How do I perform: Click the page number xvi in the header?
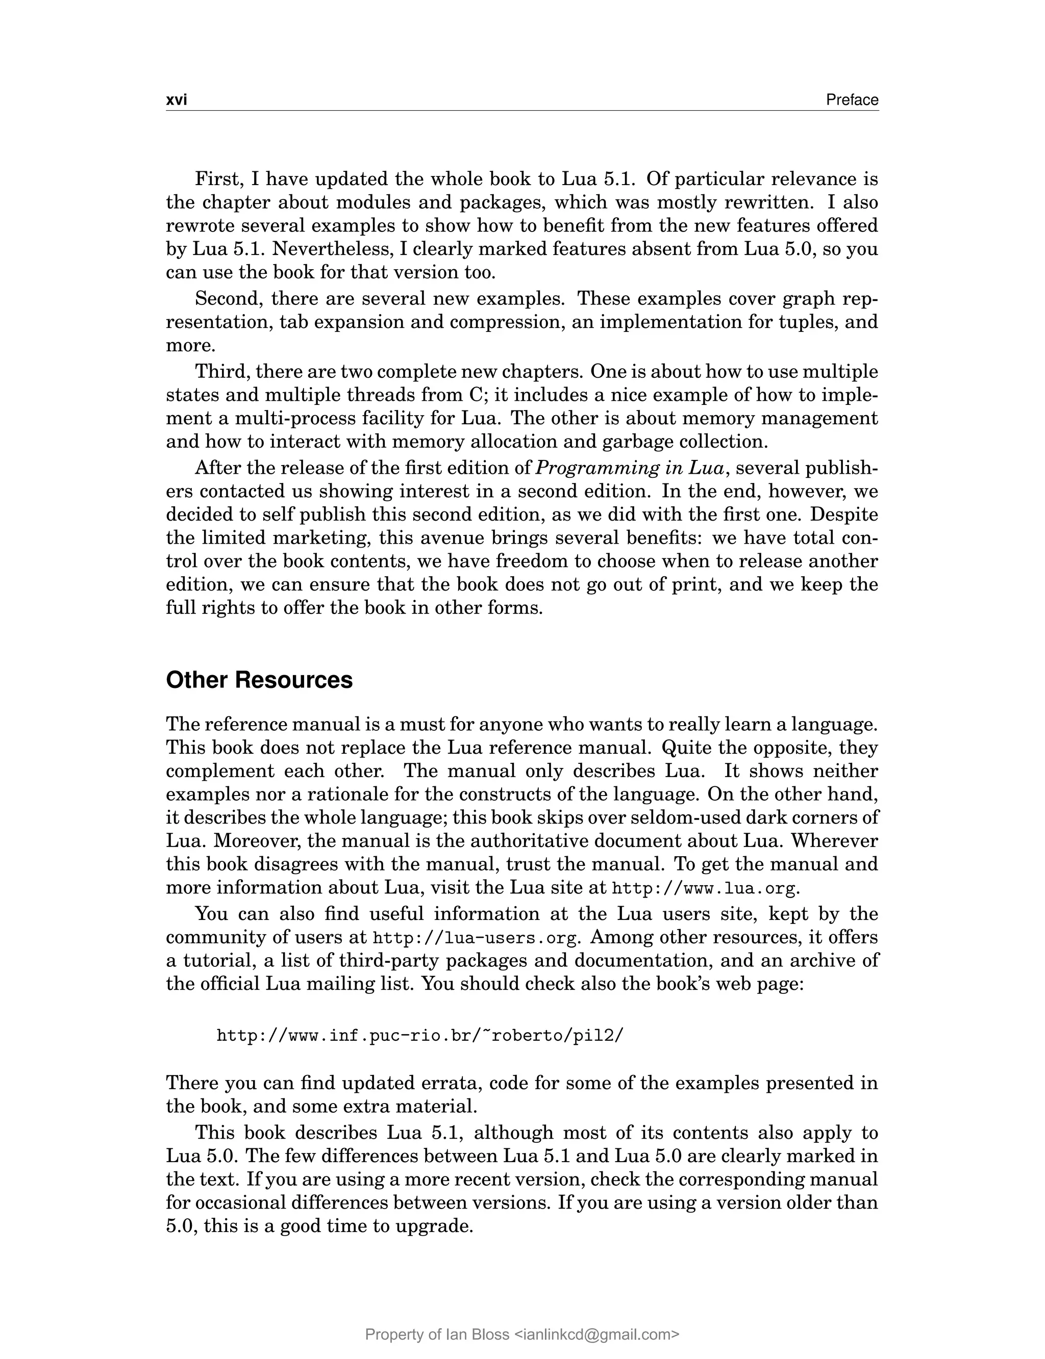[x=177, y=100]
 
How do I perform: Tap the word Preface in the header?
[x=852, y=100]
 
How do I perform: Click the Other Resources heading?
[x=259, y=680]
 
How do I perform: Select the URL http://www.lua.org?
[x=704, y=888]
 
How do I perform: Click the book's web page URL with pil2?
[x=419, y=1036]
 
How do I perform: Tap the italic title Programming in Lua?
[x=630, y=468]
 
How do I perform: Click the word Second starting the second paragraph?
[x=228, y=299]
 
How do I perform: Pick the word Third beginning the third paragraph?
[x=221, y=372]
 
